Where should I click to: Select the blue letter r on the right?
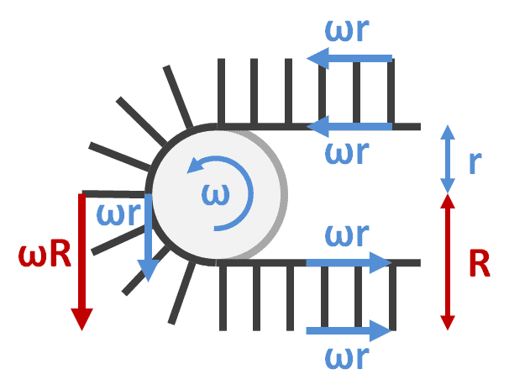475,162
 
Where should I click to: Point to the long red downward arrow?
81,261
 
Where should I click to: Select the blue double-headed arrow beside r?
447,160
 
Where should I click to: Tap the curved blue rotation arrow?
228,192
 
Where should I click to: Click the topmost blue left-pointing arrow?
349,58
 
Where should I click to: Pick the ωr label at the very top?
348,29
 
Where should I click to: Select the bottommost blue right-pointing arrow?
349,330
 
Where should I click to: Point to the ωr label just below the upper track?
348,154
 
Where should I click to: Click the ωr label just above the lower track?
346,236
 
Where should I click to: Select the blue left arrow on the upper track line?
349,127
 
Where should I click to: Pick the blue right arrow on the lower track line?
349,263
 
